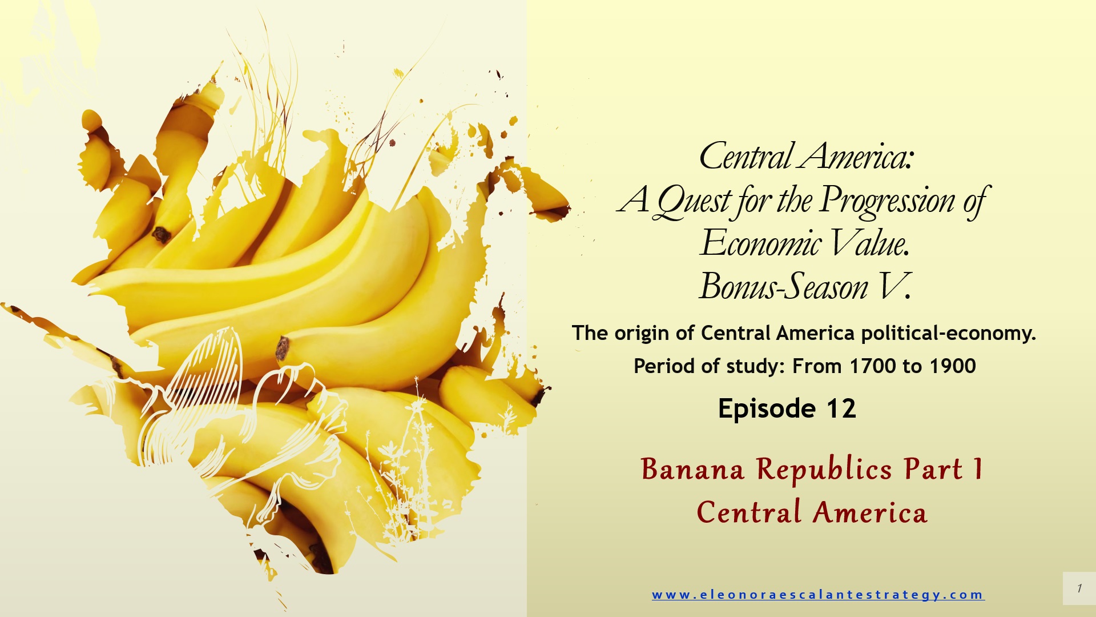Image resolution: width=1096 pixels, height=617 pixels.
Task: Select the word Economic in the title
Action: pos(761,243)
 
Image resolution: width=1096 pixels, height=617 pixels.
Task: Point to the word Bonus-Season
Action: pos(784,287)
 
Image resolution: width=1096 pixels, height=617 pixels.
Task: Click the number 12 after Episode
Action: pos(841,409)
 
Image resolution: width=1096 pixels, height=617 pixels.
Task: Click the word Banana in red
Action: pos(692,470)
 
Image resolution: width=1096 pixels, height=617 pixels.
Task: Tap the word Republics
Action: pos(824,471)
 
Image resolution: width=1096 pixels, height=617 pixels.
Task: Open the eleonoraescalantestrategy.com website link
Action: pos(818,595)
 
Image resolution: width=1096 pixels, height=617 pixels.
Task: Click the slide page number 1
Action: pos(1079,588)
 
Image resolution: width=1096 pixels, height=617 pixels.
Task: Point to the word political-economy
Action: pos(948,334)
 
